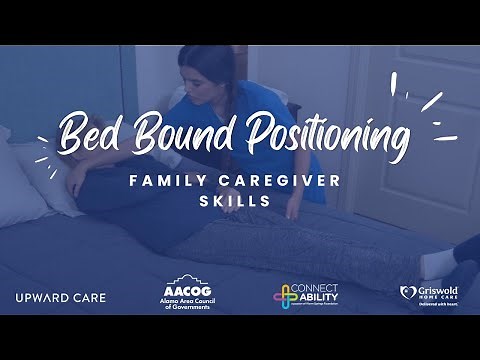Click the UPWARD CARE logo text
(61, 297)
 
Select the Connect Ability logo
(306, 296)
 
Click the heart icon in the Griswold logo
(406, 292)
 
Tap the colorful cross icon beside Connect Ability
(285, 296)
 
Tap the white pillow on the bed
(30, 180)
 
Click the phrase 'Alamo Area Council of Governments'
(186, 304)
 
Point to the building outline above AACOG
(186, 279)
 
